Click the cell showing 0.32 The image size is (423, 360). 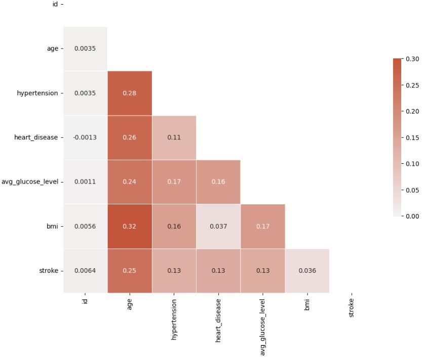(130, 226)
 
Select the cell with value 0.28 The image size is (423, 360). (130, 93)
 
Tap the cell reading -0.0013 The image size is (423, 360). (85, 137)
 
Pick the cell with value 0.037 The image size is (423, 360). (218, 226)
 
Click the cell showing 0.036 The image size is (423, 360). (307, 271)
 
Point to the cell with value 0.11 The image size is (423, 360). (174, 137)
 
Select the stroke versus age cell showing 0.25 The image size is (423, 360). (130, 271)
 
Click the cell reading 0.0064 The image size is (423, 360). (85, 271)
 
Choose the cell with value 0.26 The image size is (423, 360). (130, 137)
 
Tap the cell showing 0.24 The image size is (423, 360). (130, 182)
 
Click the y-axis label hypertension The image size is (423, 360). (37, 93)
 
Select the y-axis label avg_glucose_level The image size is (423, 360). (30, 182)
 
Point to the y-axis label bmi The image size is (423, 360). (53, 226)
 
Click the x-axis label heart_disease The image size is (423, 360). (218, 320)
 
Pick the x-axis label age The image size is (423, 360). (130, 305)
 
